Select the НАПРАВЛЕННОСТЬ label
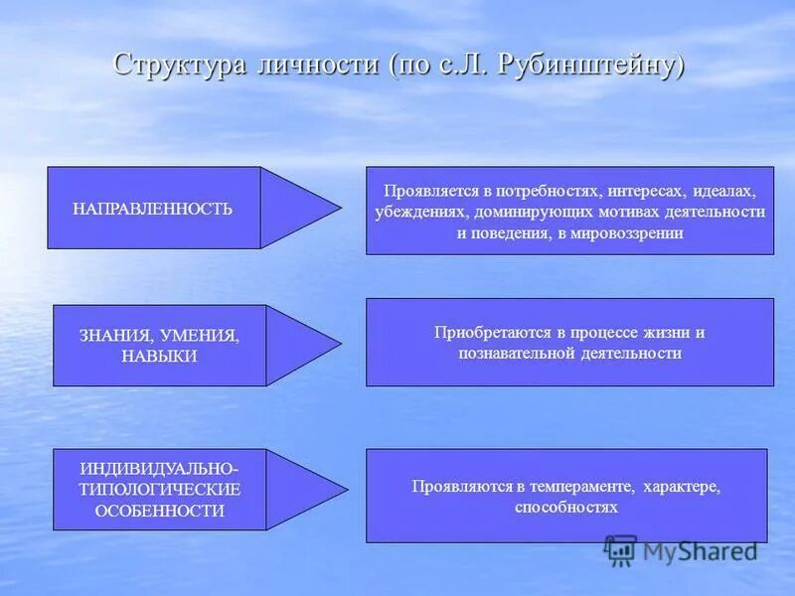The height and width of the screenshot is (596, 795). (153, 209)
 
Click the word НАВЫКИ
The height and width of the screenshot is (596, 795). (160, 356)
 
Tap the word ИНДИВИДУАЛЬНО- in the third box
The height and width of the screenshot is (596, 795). (160, 468)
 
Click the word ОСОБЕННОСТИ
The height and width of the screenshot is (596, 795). (160, 511)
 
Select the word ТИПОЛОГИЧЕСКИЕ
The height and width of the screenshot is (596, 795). (160, 489)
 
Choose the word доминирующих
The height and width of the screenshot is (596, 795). (523, 212)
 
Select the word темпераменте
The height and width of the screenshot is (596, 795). (585, 487)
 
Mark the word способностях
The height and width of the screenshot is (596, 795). (566, 507)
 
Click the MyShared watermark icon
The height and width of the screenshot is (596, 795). (620, 549)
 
